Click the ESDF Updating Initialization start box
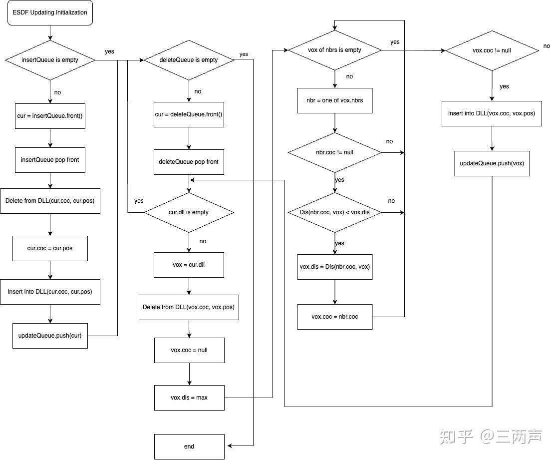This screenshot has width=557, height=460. pos(49,12)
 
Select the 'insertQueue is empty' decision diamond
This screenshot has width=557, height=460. pos(50,60)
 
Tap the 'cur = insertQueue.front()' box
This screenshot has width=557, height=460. pos(50,116)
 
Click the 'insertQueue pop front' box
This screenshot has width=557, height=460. pos(50,160)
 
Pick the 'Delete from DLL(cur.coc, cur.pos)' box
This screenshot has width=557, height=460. pos(50,201)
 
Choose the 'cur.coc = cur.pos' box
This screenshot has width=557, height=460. pos(50,248)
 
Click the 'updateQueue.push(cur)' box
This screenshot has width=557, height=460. pos(50,336)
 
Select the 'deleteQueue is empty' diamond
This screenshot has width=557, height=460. pos(189,60)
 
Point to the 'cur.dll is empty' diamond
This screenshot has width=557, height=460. pos(189,212)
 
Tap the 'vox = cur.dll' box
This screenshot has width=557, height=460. pos(189,265)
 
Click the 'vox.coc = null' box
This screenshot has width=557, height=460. pos(189,350)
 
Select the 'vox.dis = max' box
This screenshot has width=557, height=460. pos(189,398)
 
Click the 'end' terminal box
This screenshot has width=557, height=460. pos(189,447)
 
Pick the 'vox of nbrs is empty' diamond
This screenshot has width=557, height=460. pos(335,50)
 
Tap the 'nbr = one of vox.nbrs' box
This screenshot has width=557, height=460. pos(335,100)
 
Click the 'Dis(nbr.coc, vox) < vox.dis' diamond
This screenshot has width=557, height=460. pos(335,212)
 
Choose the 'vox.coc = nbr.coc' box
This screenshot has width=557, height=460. pos(335,317)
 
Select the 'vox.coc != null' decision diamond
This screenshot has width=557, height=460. pos(492,50)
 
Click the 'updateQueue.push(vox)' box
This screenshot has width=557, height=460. pos(492,163)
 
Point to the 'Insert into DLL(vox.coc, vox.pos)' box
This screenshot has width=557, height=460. pos(492,113)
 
